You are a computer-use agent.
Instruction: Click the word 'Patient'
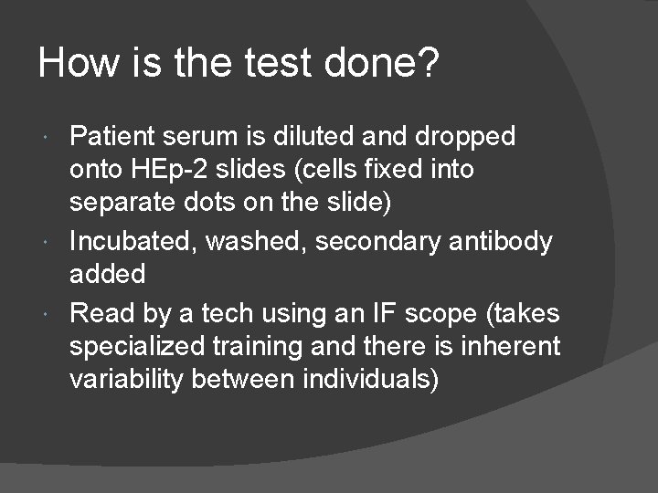coord(112,137)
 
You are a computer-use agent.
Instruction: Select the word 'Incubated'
coord(133,242)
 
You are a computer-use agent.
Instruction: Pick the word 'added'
coord(107,274)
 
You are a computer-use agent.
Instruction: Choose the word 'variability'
coord(126,380)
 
